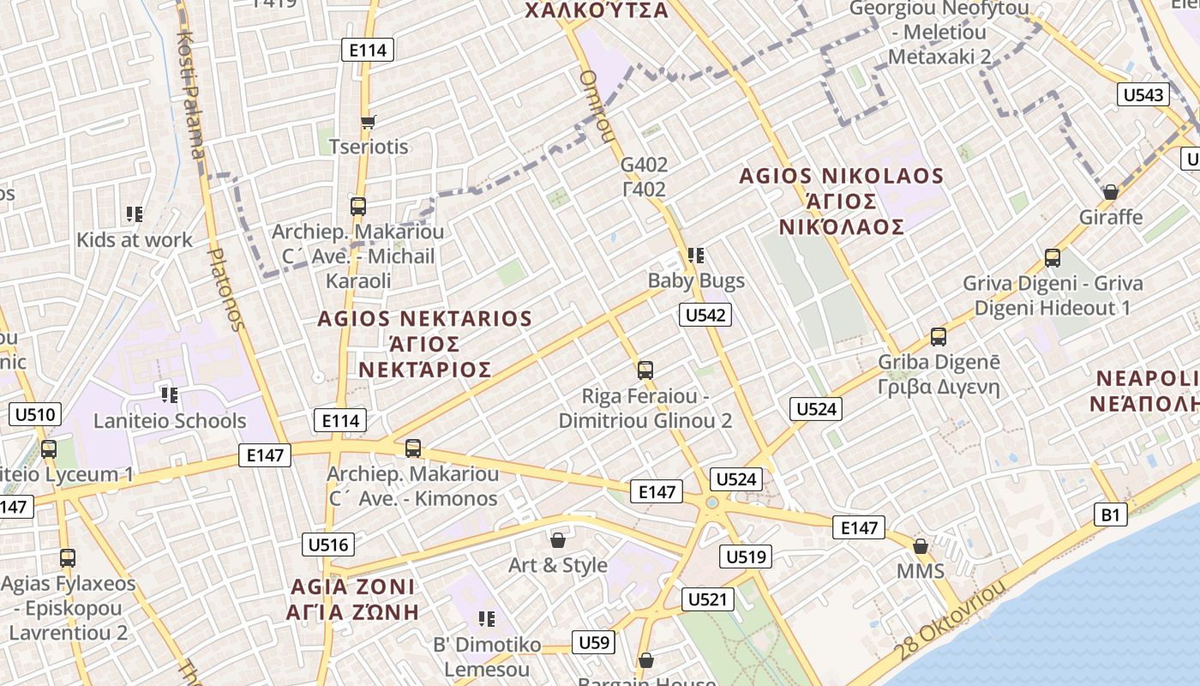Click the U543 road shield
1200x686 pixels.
(x=1143, y=94)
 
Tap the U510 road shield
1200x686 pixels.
(x=35, y=416)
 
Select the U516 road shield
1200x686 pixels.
(x=328, y=545)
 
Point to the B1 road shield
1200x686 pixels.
(x=1111, y=514)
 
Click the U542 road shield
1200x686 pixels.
(x=706, y=315)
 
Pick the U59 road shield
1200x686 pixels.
(x=594, y=642)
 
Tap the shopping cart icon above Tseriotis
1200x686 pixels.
(x=369, y=122)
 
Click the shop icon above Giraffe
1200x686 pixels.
(x=1111, y=191)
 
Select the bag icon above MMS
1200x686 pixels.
(x=921, y=545)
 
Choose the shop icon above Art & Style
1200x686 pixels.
(x=558, y=539)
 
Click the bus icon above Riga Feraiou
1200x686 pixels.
(x=645, y=370)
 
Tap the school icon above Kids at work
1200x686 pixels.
(x=135, y=214)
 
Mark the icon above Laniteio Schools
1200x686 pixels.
(x=170, y=395)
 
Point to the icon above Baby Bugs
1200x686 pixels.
(x=696, y=255)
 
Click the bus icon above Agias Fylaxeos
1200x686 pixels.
(x=68, y=558)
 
